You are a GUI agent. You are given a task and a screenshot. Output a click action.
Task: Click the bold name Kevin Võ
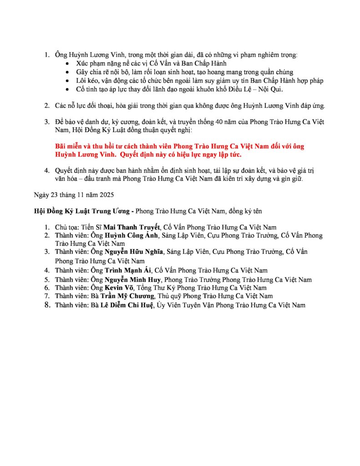pos(116,288)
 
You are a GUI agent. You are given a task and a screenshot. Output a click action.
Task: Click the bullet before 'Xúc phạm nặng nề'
pos(68,64)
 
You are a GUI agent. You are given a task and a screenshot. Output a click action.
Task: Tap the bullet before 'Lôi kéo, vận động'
pos(68,81)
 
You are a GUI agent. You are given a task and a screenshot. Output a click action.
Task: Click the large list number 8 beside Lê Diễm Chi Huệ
pos(46,304)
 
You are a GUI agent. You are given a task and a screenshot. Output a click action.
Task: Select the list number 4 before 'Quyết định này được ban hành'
pos(46,171)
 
